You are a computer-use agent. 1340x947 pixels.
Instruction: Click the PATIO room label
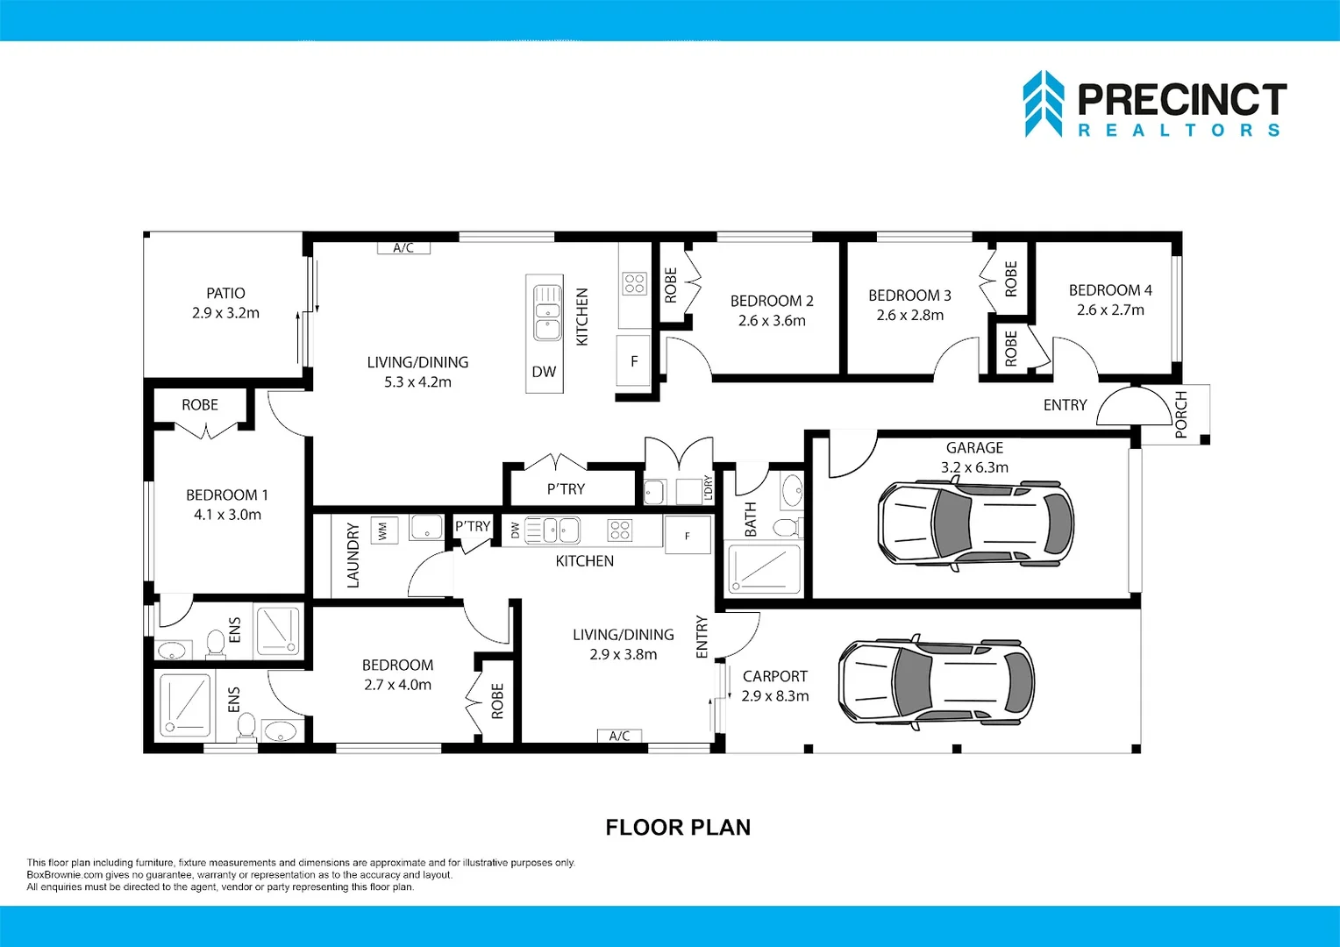pyautogui.click(x=225, y=293)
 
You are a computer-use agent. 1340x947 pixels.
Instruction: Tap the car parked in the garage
pyautogui.click(x=975, y=525)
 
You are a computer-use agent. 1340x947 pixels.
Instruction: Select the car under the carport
pyautogui.click(x=937, y=683)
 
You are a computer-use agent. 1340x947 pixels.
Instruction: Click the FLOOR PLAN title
pyautogui.click(x=678, y=828)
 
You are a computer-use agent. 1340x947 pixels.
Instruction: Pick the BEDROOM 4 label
pyautogui.click(x=1110, y=290)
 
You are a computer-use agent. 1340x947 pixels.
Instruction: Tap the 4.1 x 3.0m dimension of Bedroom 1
pyautogui.click(x=227, y=515)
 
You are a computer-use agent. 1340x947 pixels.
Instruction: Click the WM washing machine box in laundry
pyautogui.click(x=383, y=530)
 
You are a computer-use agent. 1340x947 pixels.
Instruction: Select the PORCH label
pyautogui.click(x=1181, y=414)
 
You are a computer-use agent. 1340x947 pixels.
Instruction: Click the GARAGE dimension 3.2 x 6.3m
pyautogui.click(x=974, y=467)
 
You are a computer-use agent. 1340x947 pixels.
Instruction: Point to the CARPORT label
pyautogui.click(x=774, y=676)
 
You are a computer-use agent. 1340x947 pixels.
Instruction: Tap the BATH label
pyautogui.click(x=750, y=519)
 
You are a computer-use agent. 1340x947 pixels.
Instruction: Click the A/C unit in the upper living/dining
pyautogui.click(x=403, y=247)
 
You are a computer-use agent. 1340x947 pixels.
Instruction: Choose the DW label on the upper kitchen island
pyautogui.click(x=544, y=372)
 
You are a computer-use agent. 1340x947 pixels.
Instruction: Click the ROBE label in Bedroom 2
pyautogui.click(x=671, y=285)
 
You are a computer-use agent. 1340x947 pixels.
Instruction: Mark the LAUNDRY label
pyautogui.click(x=353, y=556)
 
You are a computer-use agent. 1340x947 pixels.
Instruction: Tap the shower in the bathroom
pyautogui.click(x=763, y=569)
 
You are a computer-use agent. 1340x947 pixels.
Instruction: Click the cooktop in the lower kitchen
pyautogui.click(x=620, y=530)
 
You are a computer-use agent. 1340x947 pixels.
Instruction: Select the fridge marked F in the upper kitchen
pyautogui.click(x=633, y=360)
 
